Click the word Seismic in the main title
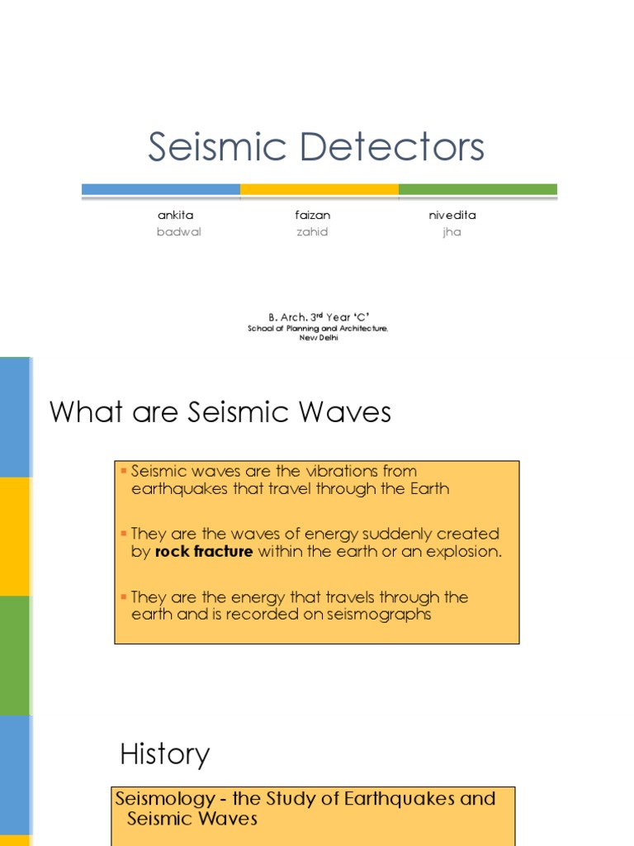point(217,148)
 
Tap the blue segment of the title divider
point(161,189)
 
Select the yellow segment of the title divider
point(319,189)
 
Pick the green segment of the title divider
point(477,189)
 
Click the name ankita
point(176,215)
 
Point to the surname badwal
point(178,232)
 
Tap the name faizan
point(312,215)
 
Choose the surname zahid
point(312,232)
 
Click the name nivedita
point(452,215)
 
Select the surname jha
point(451,232)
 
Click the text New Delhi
point(318,337)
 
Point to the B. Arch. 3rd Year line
point(318,317)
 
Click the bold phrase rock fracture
point(203,552)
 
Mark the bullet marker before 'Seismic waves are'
point(123,471)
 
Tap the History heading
point(165,753)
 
